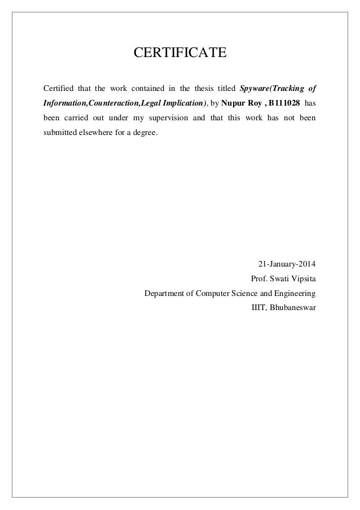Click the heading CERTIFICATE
coord(179,54)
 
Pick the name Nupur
coord(235,104)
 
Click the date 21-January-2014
coord(287,263)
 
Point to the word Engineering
coord(295,294)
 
